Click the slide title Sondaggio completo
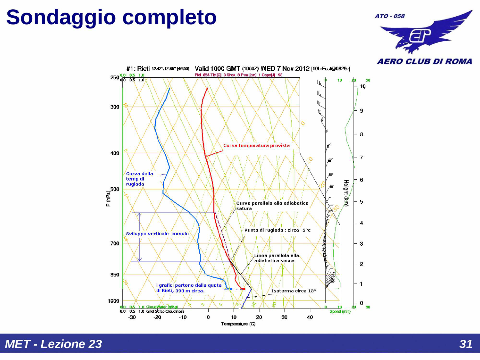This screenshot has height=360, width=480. pos(111,17)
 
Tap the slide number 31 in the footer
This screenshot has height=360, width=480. pos(466,344)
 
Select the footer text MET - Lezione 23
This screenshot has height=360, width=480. pos(53,344)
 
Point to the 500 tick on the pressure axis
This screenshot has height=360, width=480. pos(115,189)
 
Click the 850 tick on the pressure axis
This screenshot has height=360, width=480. pos(115,275)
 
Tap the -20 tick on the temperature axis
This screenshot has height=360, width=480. pos(157,317)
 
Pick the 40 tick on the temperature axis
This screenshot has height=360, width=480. pos(310,317)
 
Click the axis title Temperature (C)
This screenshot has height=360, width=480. pos(238,324)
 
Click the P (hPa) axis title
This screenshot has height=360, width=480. pos(108,199)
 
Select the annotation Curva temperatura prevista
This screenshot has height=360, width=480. pos(256,146)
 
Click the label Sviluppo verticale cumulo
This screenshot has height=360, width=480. pos(157,234)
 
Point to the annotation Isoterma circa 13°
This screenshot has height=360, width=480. pos(294,291)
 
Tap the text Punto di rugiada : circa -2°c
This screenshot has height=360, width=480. pos(277,230)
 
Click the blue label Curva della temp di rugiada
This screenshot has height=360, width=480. pos(139,179)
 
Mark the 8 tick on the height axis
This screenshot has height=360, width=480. pos(361,134)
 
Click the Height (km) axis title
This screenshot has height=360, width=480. pos(346,193)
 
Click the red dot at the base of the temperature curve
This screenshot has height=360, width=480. pos(244,289)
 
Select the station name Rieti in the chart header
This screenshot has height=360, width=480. pos(143,69)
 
